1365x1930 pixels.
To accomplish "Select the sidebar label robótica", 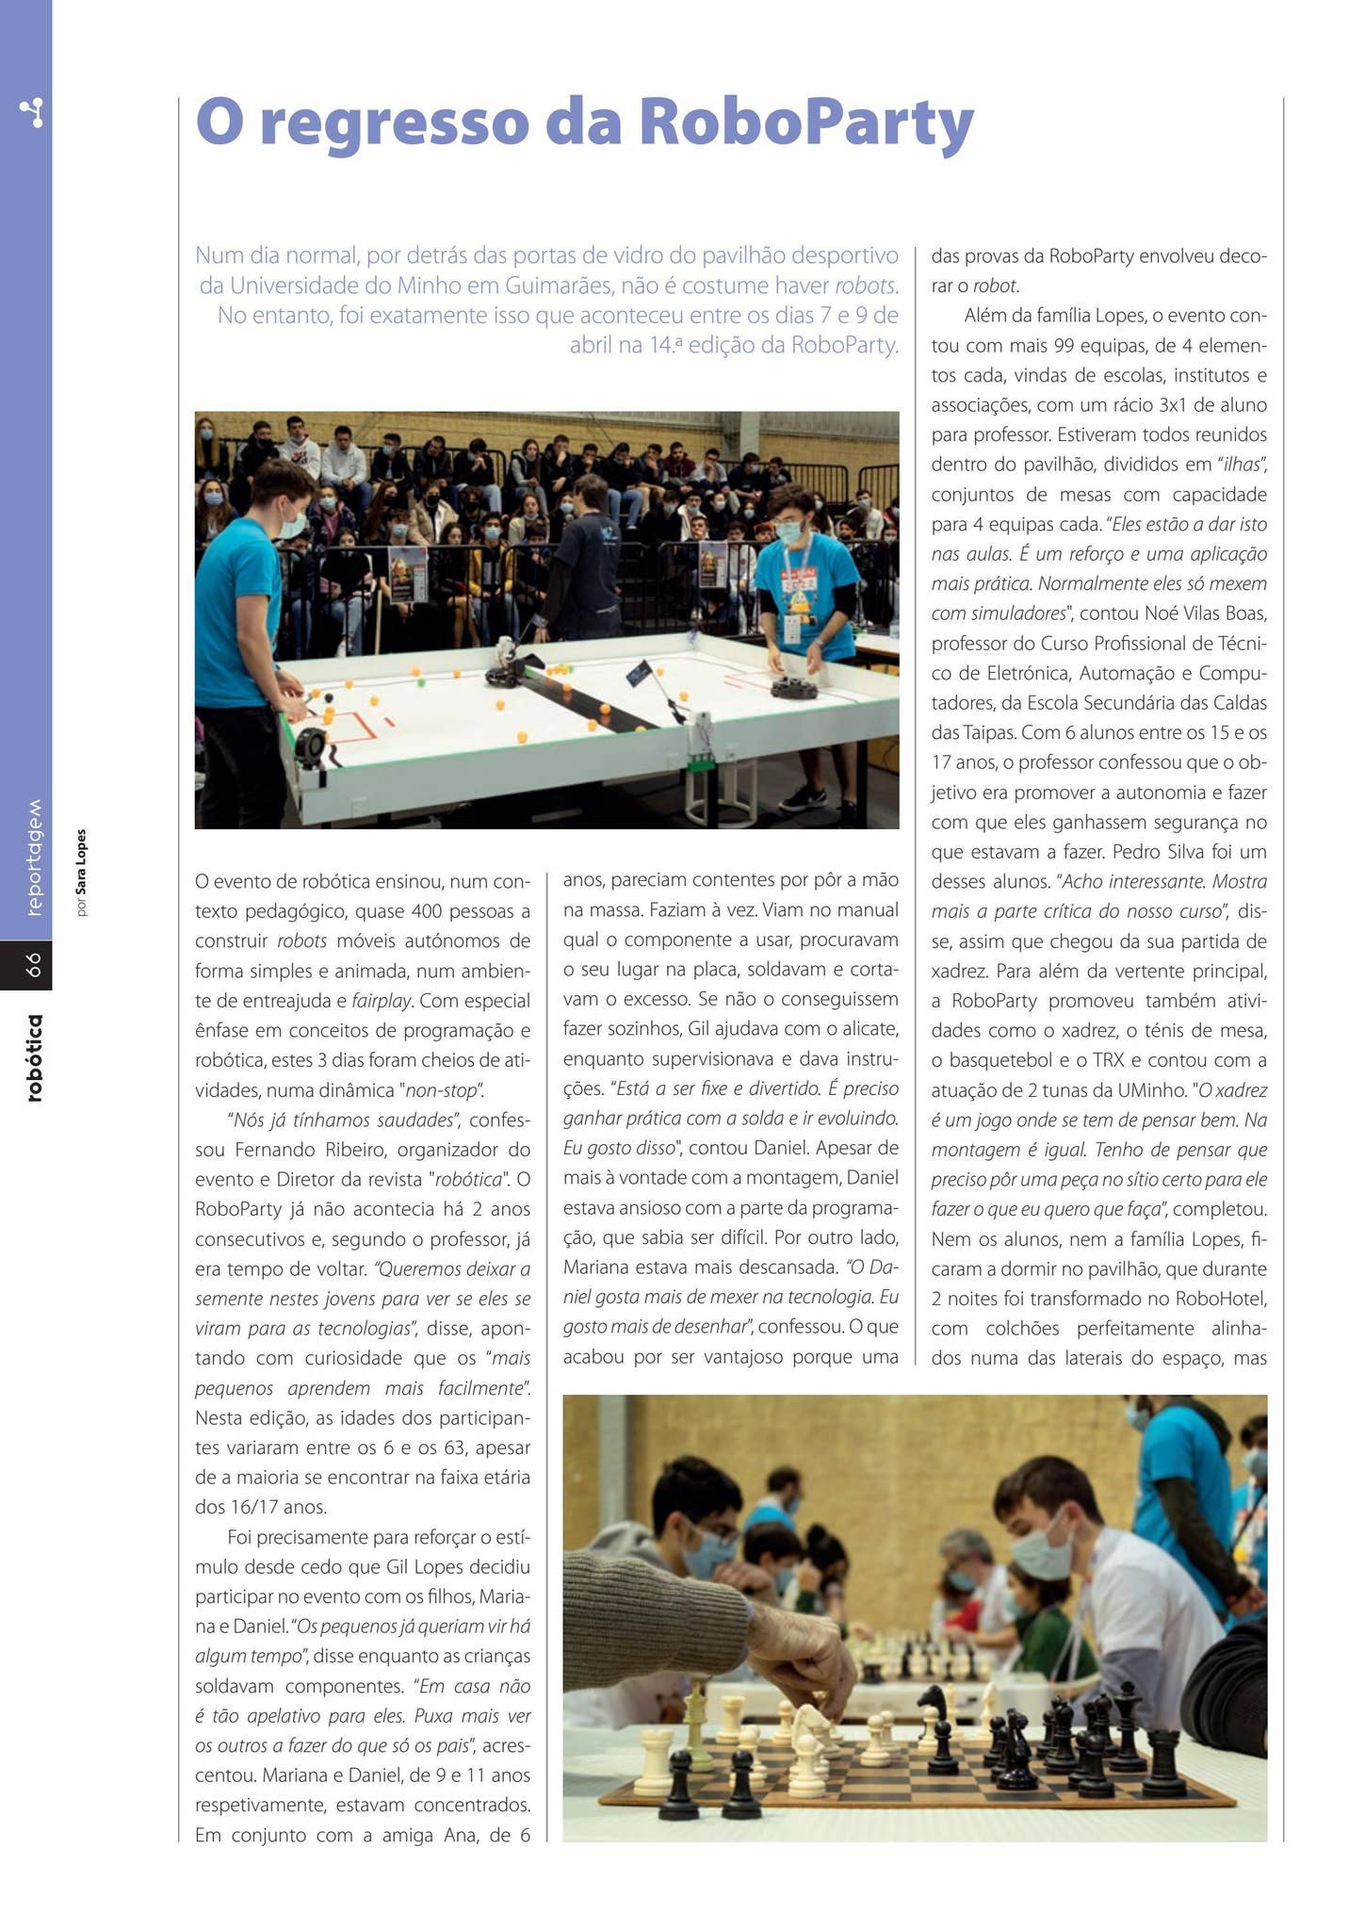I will tap(34, 1057).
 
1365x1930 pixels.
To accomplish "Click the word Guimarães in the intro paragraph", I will tap(559, 285).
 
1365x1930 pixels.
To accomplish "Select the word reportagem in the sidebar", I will tap(34, 858).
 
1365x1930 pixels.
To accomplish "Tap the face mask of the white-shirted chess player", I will tap(1043, 1550).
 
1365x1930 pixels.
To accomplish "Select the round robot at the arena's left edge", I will tap(312, 746).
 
